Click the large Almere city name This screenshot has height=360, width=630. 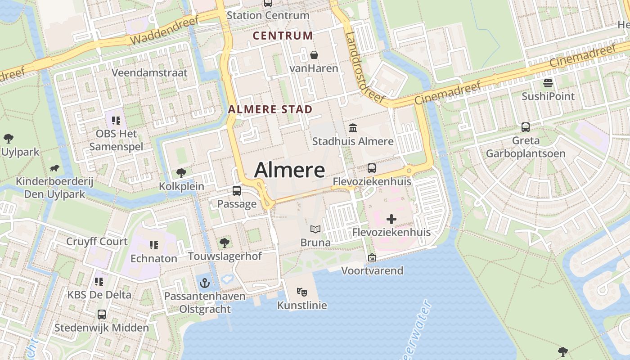(x=289, y=170)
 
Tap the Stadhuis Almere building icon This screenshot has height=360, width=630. (x=353, y=128)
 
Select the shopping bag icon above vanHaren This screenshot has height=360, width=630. (x=314, y=55)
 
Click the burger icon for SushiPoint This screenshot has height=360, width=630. (x=548, y=83)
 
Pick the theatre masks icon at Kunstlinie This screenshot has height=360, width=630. (x=302, y=292)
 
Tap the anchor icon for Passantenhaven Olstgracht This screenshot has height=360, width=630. (x=205, y=283)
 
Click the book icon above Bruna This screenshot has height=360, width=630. (x=315, y=229)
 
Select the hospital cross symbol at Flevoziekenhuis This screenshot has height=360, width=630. (x=391, y=219)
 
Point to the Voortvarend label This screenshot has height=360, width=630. (x=372, y=271)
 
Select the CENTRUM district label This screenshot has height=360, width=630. (x=283, y=36)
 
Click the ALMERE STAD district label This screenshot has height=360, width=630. (x=270, y=109)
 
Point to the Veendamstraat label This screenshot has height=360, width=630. (x=149, y=73)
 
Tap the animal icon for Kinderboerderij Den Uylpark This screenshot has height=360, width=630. (x=54, y=168)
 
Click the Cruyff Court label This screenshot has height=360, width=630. (x=97, y=242)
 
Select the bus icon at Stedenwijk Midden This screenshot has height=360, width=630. (x=102, y=314)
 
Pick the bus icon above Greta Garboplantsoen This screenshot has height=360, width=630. (x=525, y=127)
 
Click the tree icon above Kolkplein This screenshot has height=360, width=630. (x=181, y=173)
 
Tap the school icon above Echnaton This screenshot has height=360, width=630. (x=154, y=245)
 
